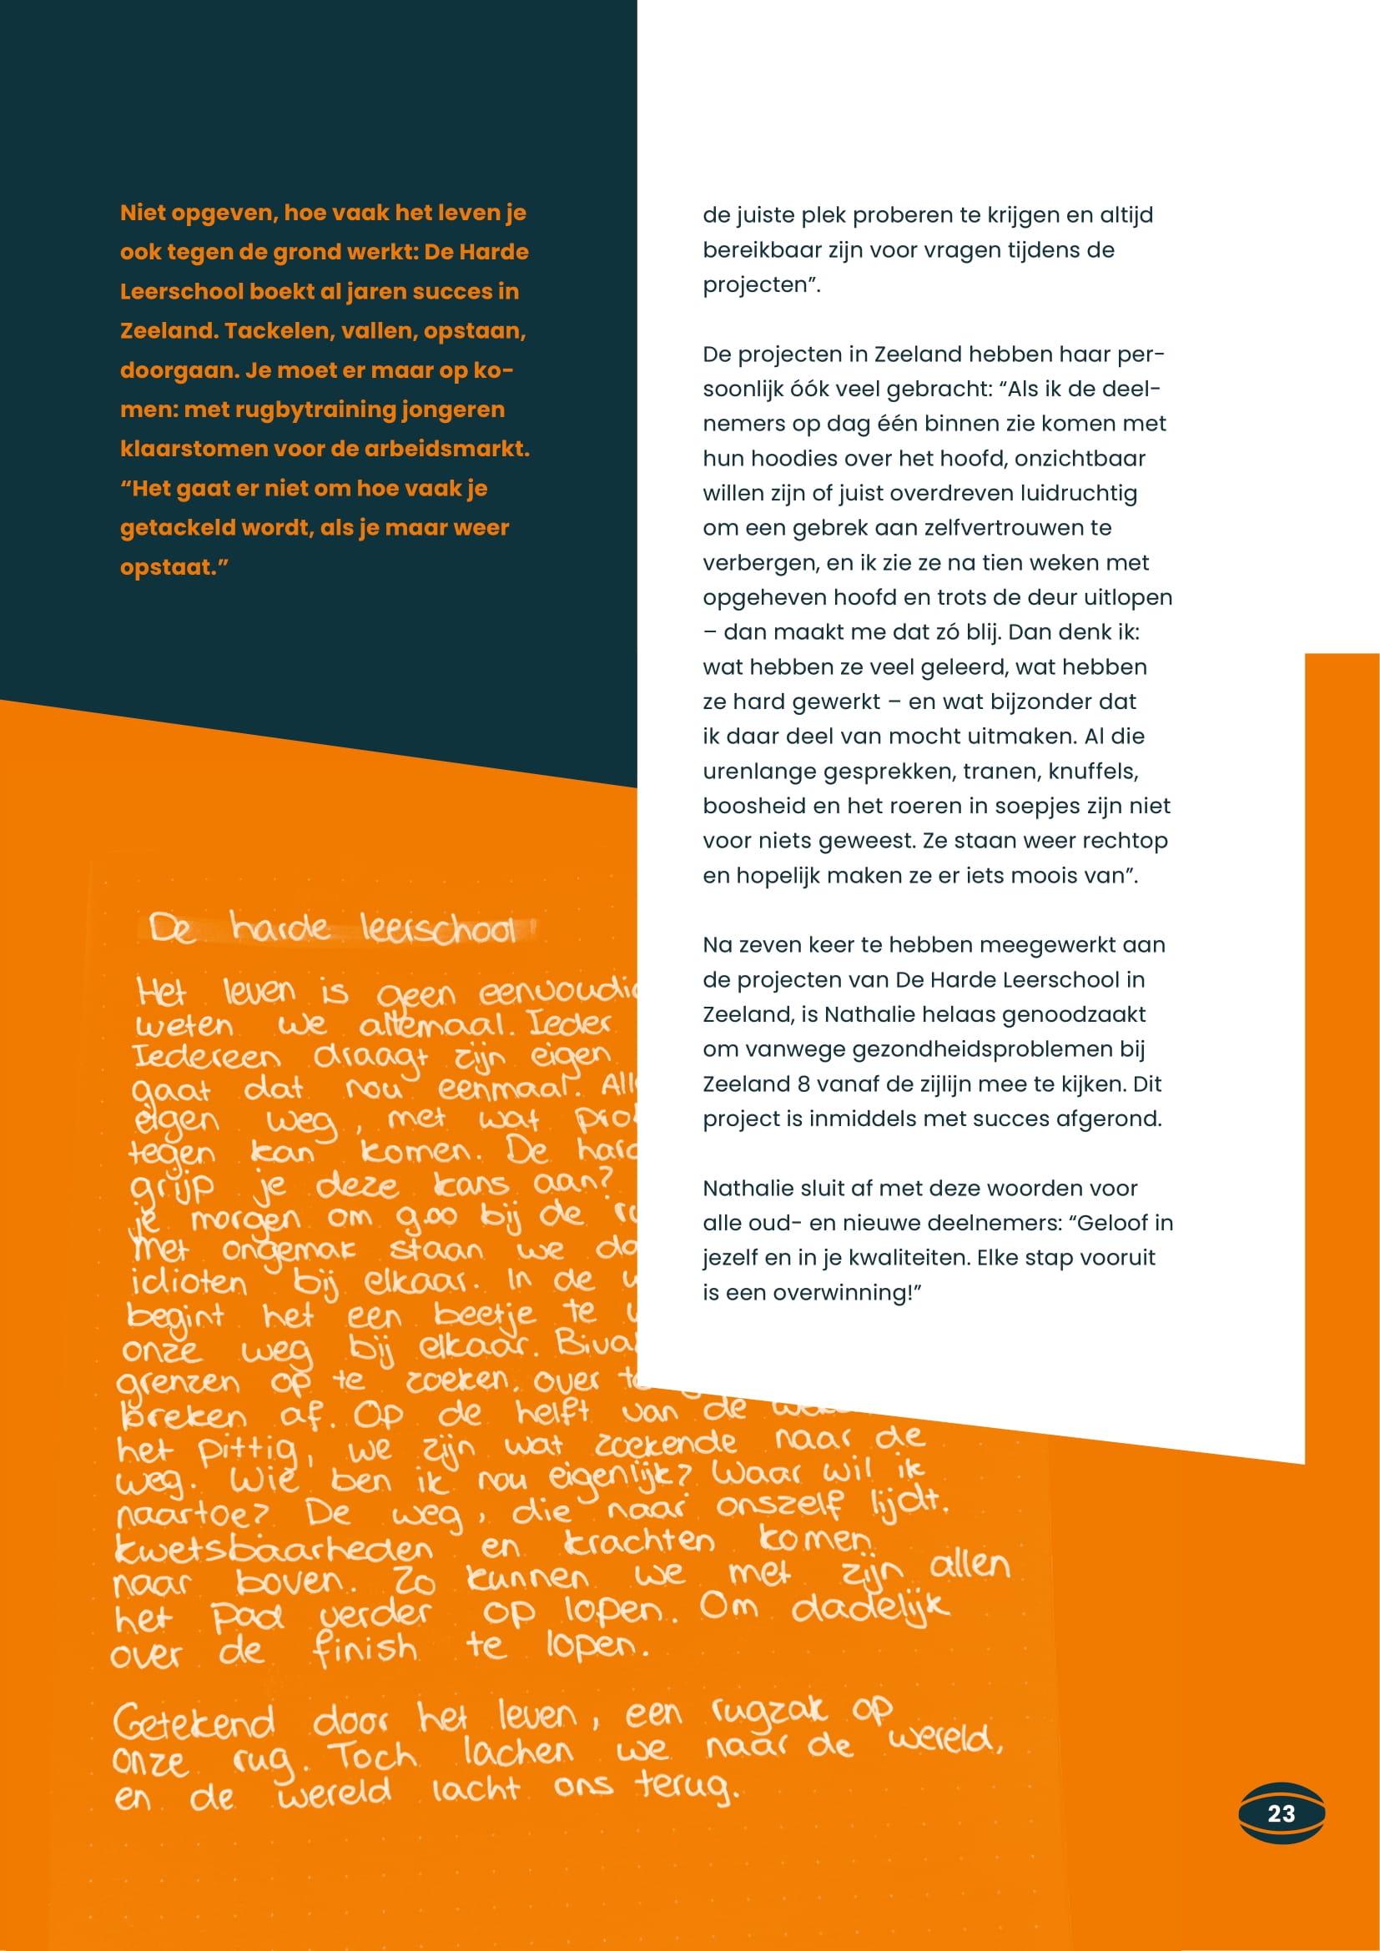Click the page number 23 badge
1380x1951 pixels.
coord(1281,1813)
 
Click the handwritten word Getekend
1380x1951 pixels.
coord(194,1722)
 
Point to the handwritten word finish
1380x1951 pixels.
coord(365,1649)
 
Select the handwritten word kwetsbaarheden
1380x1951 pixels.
coord(274,1548)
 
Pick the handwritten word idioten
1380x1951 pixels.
coord(189,1282)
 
